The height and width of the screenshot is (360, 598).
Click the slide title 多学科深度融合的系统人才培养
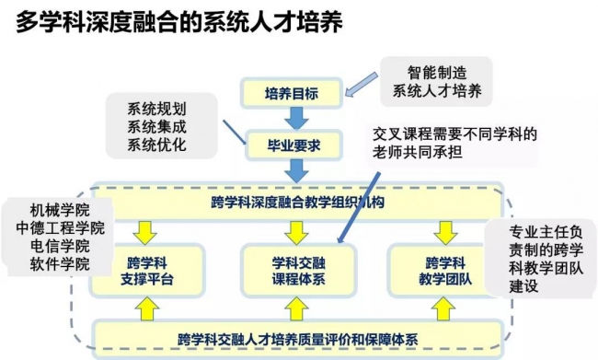(179, 22)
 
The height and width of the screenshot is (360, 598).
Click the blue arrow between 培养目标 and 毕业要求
(294, 118)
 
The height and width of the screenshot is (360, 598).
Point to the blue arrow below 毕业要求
(294, 169)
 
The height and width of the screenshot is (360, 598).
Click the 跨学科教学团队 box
(442, 270)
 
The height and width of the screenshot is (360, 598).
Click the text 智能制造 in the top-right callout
(436, 72)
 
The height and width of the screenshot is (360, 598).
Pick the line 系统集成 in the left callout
(156, 125)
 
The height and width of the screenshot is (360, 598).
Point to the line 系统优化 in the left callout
(156, 144)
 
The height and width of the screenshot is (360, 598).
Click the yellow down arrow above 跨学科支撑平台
(144, 228)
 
